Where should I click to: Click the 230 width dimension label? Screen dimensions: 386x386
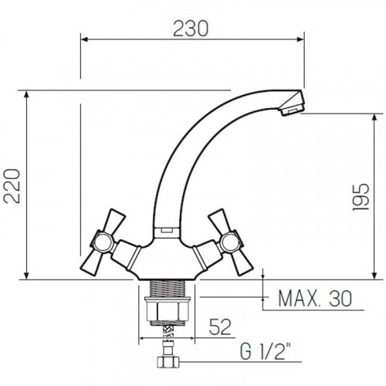(191, 29)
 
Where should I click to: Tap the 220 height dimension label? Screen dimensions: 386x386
(12, 186)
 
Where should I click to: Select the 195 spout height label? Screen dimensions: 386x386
(361, 197)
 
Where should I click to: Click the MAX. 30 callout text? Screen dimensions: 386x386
(315, 299)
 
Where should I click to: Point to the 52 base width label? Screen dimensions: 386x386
(220, 327)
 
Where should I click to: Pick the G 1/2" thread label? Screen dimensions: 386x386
(265, 351)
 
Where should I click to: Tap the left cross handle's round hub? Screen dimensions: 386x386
(103, 242)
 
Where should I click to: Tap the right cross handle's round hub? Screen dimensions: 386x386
(231, 242)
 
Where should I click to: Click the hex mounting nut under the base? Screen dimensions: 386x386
(168, 311)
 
